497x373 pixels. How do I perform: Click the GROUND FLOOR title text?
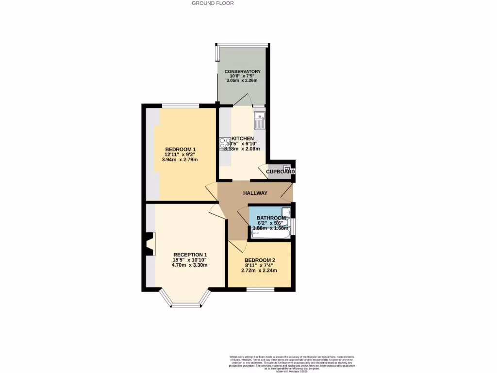pyautogui.click(x=213, y=3)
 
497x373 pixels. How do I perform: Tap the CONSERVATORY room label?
pyautogui.click(x=243, y=71)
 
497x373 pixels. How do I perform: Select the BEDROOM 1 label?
pyautogui.click(x=181, y=149)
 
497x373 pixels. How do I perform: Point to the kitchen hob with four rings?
pyautogui.click(x=225, y=143)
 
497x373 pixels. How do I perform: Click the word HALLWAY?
pyautogui.click(x=255, y=193)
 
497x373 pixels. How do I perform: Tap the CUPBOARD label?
pyautogui.click(x=281, y=172)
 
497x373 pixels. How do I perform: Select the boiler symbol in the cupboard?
pyautogui.click(x=293, y=169)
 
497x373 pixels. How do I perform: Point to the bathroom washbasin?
pyautogui.click(x=286, y=212)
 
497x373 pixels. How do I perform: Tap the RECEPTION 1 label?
pyautogui.click(x=190, y=255)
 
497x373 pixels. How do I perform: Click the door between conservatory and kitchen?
pyautogui.click(x=241, y=101)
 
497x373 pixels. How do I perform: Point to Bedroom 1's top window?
pyautogui.click(x=180, y=105)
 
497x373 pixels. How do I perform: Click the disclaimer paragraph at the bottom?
pyautogui.click(x=292, y=363)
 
